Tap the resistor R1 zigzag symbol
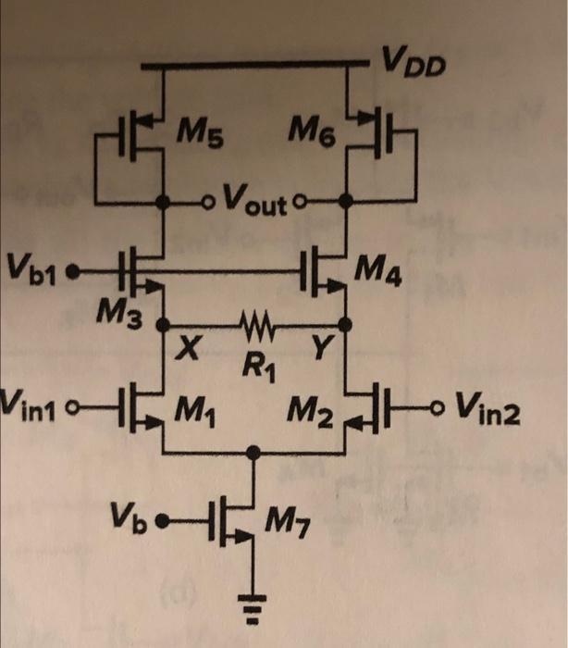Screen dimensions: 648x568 pos(253,326)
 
